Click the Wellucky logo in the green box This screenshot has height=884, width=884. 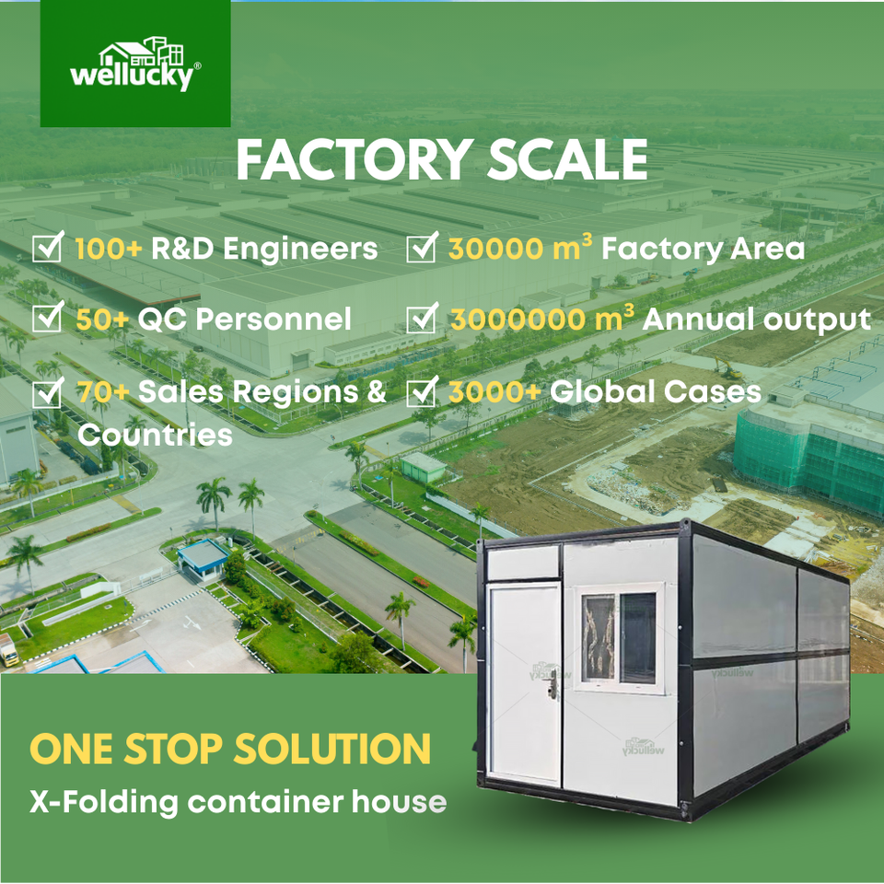click(x=135, y=64)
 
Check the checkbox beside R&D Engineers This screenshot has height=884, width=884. click(x=47, y=249)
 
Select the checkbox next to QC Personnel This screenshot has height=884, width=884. click(x=47, y=320)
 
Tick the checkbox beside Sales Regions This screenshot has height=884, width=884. click(x=47, y=392)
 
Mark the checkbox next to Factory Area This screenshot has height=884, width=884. click(x=422, y=249)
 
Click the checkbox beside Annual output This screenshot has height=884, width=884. click(x=422, y=320)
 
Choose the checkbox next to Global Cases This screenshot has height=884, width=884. click(x=422, y=392)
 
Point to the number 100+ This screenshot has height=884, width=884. click(x=108, y=249)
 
